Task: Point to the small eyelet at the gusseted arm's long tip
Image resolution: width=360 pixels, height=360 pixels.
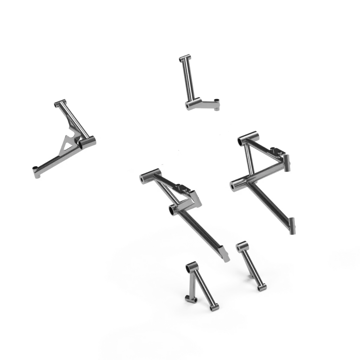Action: tap(36, 171)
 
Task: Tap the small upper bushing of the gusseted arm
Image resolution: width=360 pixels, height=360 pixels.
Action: tap(60, 104)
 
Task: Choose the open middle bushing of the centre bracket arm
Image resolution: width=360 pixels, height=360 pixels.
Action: tap(173, 210)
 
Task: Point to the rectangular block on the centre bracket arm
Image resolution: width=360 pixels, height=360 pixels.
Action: tap(195, 200)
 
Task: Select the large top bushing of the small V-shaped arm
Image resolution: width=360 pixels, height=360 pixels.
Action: tap(192, 267)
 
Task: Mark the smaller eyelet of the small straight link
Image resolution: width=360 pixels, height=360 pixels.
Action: tap(260, 288)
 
